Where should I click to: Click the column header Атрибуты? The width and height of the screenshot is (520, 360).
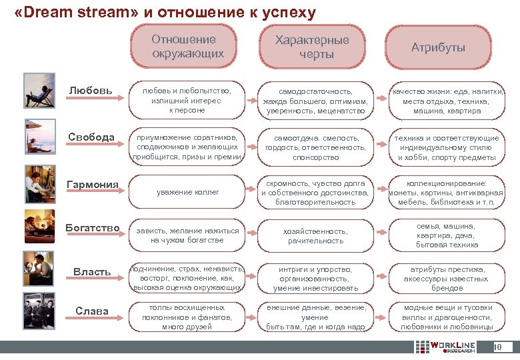click(x=438, y=47)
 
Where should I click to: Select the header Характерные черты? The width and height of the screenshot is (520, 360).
click(x=312, y=47)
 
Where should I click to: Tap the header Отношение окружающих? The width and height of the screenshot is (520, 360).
click(x=187, y=47)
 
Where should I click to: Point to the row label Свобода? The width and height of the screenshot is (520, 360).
click(x=91, y=137)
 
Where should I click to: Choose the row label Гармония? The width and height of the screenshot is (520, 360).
click(x=93, y=184)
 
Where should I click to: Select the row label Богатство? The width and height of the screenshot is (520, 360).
click(x=93, y=228)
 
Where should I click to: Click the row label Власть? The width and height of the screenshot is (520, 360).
click(x=92, y=271)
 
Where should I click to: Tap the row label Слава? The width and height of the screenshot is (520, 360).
click(x=92, y=311)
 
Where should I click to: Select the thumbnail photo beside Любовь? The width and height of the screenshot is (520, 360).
click(x=39, y=91)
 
